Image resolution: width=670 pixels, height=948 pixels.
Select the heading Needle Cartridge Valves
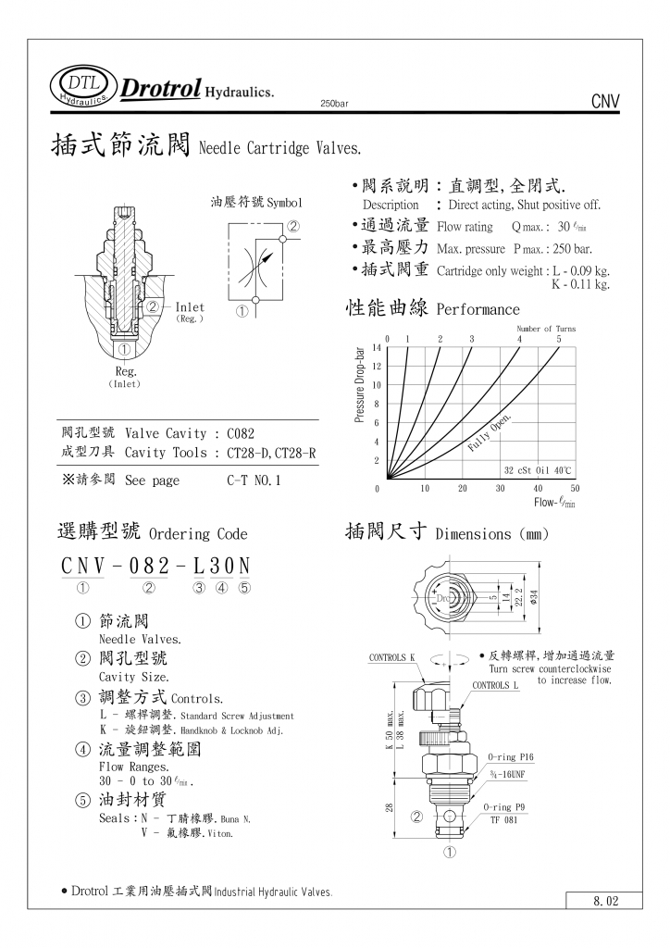point(279,148)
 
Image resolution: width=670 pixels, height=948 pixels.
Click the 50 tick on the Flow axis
point(575,488)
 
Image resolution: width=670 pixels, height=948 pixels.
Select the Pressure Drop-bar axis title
point(360,385)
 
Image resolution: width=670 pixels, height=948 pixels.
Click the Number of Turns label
point(546,329)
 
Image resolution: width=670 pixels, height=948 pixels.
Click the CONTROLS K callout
point(392,657)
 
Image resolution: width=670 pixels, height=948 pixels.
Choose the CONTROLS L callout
point(496,685)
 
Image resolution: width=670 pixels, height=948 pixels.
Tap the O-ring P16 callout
point(511,756)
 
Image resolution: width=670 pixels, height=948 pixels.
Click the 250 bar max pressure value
point(572,248)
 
